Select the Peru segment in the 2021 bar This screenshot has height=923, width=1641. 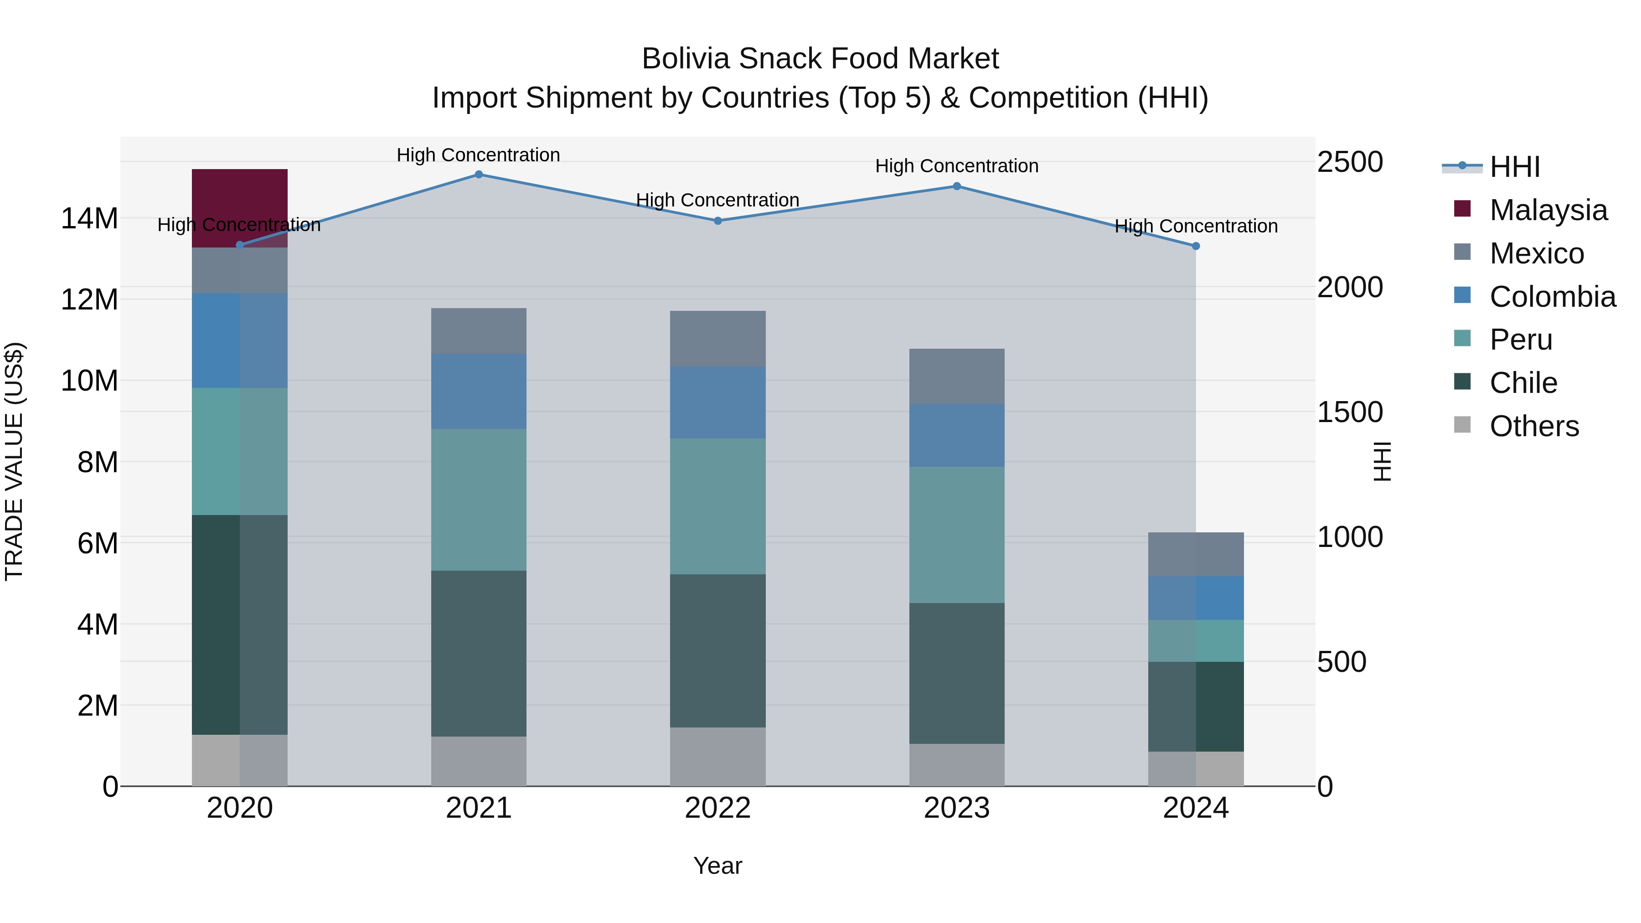point(479,500)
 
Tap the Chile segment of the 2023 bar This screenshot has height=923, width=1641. point(956,673)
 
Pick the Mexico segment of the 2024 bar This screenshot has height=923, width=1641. point(1195,554)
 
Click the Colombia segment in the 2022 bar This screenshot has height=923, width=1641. point(717,402)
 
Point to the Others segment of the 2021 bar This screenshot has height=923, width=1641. point(479,761)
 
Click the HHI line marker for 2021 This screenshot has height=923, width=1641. point(479,175)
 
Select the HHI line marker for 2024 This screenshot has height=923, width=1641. point(1195,246)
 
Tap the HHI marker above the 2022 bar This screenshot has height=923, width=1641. point(717,221)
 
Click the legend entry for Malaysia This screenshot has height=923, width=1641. point(1548,210)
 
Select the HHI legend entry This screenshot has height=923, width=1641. point(1514,167)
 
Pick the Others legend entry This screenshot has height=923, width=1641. point(1534,426)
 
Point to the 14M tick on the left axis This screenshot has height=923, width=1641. point(89,218)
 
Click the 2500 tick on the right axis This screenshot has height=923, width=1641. point(1349,162)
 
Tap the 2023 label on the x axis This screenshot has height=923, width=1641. point(956,808)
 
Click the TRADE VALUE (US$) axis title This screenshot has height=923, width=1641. point(14,461)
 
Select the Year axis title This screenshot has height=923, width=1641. point(717,866)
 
